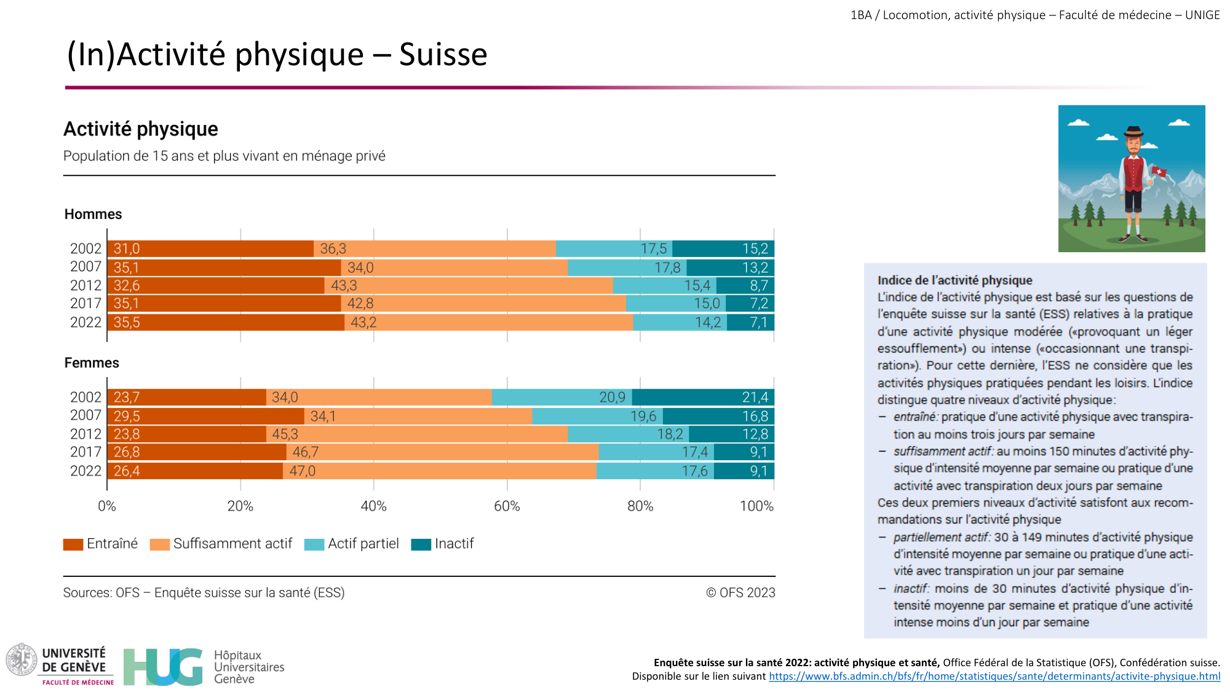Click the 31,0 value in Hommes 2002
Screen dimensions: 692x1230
[127, 249]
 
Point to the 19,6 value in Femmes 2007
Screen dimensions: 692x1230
[643, 416]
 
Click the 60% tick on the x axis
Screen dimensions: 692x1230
[507, 506]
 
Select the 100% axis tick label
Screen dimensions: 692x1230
[756, 506]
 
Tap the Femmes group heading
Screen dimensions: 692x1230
[92, 363]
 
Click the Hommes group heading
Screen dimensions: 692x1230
[93, 214]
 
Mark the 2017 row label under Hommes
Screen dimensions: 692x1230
[85, 304]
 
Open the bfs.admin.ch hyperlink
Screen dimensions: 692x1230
[994, 677]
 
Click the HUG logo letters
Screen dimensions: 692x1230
[162, 667]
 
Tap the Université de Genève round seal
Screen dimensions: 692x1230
[22, 659]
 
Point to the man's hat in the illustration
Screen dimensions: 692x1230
[1133, 132]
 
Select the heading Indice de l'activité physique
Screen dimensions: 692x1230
[954, 280]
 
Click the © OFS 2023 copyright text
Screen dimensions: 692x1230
[740, 593]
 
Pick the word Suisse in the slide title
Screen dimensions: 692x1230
[443, 55]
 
